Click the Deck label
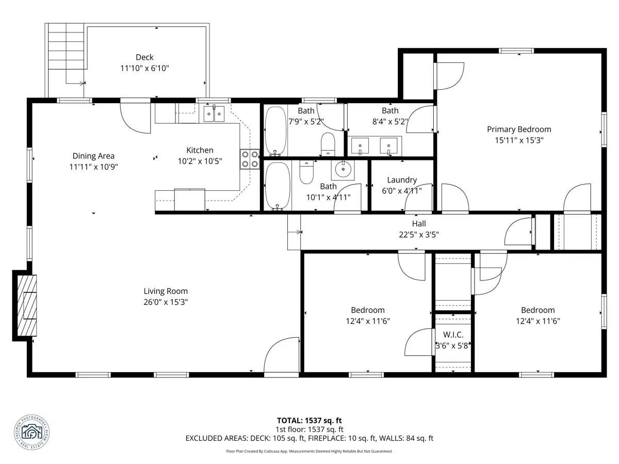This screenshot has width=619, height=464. tap(144, 57)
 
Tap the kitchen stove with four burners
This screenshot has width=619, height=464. tap(250, 159)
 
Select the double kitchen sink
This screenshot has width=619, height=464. tap(214, 113)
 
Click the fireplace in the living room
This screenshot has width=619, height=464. tap(25, 306)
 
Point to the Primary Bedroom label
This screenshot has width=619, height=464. tap(519, 129)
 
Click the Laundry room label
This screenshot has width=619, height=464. tap(402, 180)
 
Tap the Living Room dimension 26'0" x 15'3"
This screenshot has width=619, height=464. tap(166, 302)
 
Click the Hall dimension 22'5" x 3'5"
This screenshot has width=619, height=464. tap(419, 235)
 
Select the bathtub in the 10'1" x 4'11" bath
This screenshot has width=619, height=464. tap(277, 186)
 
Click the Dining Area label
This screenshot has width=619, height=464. tap(93, 156)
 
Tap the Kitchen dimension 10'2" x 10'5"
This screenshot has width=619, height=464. tap(200, 161)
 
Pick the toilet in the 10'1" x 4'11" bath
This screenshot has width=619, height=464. tap(306, 173)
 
